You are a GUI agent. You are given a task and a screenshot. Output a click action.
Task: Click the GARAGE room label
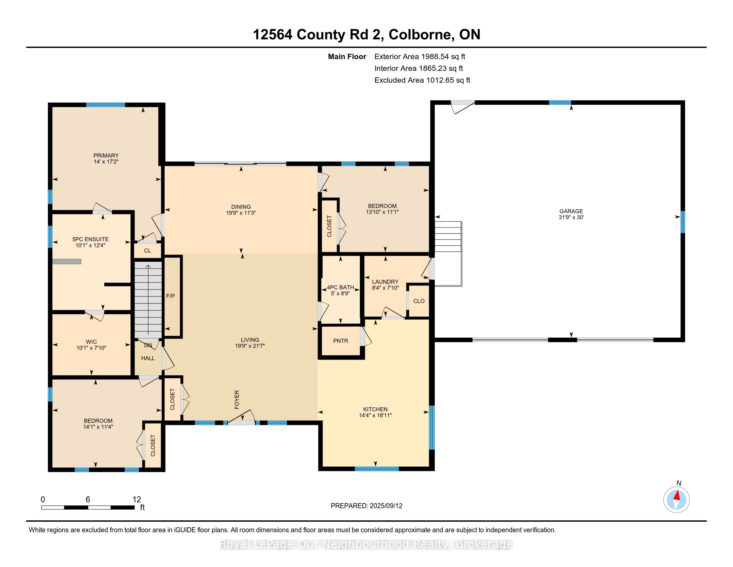pyautogui.click(x=571, y=211)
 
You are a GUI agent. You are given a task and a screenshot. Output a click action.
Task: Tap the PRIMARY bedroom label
pyautogui.click(x=106, y=155)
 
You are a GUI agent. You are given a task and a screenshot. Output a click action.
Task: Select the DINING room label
pyautogui.click(x=241, y=207)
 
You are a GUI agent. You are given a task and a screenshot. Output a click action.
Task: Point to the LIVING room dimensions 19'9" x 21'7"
pyautogui.click(x=250, y=346)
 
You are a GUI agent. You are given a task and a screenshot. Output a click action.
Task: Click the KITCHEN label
pyautogui.click(x=375, y=409)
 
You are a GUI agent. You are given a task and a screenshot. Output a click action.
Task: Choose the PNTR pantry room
pyautogui.click(x=341, y=341)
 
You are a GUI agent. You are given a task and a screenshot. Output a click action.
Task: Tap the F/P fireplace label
pyautogui.click(x=171, y=296)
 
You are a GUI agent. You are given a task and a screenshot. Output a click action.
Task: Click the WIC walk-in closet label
pyautogui.click(x=91, y=342)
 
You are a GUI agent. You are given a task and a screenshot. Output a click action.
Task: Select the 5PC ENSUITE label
pyautogui.click(x=91, y=239)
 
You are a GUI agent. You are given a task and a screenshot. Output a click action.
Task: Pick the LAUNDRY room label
pyautogui.click(x=385, y=282)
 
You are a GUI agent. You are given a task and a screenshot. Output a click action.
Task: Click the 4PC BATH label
pyautogui.click(x=340, y=288)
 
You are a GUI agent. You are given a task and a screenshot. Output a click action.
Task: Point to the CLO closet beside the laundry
pyautogui.click(x=419, y=301)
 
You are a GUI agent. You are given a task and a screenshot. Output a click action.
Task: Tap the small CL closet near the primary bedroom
pyautogui.click(x=148, y=250)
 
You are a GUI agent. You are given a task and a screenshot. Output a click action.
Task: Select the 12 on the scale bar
pyautogui.click(x=137, y=500)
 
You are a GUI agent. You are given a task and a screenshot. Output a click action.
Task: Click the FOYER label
pyautogui.click(x=237, y=400)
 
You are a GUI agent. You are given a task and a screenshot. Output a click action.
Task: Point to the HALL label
pyautogui.click(x=148, y=358)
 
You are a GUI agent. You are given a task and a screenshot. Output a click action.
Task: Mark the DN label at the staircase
pyautogui.click(x=148, y=345)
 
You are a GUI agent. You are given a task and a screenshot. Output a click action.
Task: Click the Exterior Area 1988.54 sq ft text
pyautogui.click(x=420, y=57)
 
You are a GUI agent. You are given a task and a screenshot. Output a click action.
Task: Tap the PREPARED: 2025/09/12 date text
pyautogui.click(x=366, y=506)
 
